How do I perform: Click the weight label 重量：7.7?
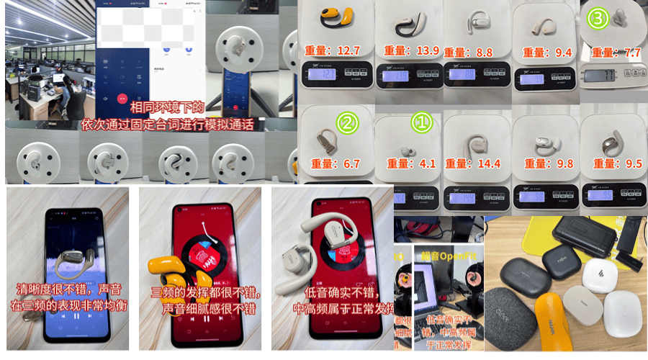pyautogui.click(x=614, y=53)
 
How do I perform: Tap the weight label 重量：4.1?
pyautogui.click(x=408, y=163)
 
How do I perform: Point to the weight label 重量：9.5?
pyautogui.click(x=614, y=163)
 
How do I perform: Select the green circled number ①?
pyautogui.click(x=420, y=123)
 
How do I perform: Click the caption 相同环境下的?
pyautogui.click(x=167, y=107)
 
